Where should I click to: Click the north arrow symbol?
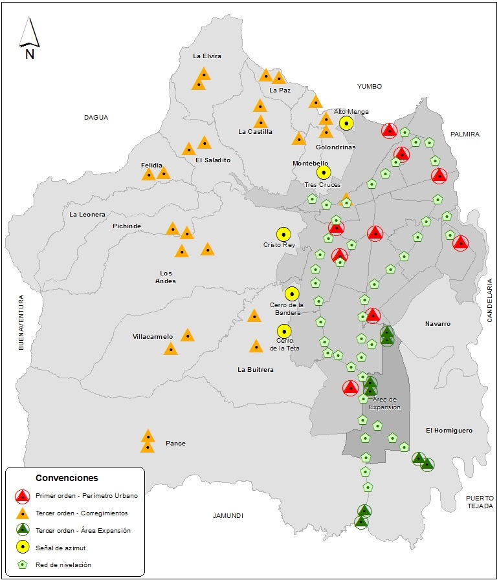click(29, 38)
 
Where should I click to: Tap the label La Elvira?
click(207, 56)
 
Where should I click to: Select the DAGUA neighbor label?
click(96, 118)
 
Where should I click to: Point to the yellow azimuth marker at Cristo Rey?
click(283, 234)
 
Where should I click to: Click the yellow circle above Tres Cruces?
click(323, 172)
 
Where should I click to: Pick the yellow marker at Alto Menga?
click(346, 123)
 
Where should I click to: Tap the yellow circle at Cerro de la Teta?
click(283, 331)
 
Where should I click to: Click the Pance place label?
click(175, 444)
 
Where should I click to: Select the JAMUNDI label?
click(228, 515)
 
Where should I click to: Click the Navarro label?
click(438, 324)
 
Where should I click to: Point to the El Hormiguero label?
click(449, 431)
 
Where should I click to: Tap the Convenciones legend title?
click(67, 478)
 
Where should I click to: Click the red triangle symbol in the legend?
click(23, 496)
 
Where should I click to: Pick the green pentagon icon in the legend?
click(23, 564)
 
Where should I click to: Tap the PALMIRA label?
click(465, 134)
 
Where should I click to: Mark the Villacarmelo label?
click(153, 337)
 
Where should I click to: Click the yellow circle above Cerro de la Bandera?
click(292, 294)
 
